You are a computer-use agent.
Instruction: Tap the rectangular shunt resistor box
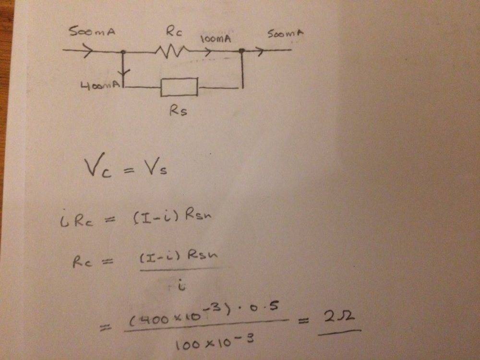[x=179, y=87]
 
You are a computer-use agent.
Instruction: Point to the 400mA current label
[x=99, y=86]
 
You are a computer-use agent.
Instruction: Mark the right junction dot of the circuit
[x=242, y=50]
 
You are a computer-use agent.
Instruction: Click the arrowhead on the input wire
[x=87, y=50]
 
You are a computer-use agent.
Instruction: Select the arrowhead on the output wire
[x=259, y=50]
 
